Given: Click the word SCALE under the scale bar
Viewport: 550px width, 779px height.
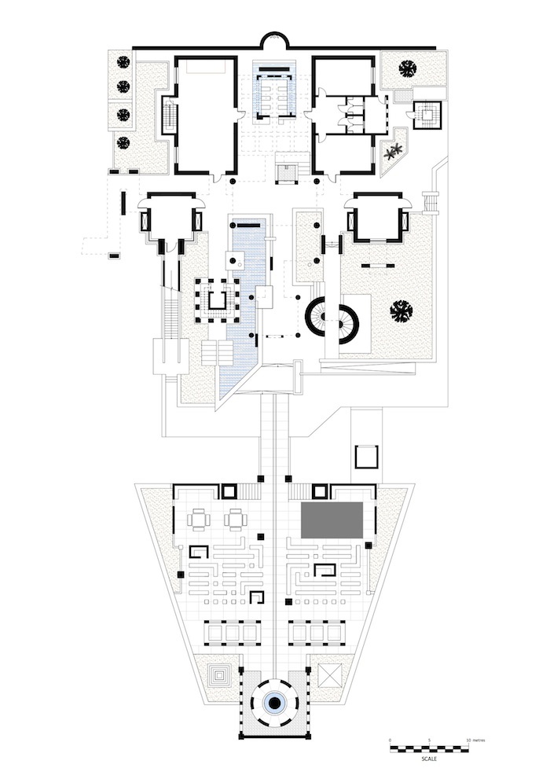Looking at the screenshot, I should (429, 759).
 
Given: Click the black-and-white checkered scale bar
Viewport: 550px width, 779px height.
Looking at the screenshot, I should (429, 748).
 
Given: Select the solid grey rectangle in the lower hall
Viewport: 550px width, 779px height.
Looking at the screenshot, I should (332, 520).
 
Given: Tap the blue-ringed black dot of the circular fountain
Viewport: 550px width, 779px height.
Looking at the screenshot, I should (275, 704).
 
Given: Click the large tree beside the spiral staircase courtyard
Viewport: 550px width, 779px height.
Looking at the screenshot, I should (402, 310).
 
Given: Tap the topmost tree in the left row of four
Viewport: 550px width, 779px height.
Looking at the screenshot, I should (123, 61).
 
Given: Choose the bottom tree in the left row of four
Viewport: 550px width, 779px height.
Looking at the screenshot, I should (123, 143).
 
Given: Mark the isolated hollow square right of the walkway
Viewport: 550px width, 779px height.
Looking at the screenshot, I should (367, 457).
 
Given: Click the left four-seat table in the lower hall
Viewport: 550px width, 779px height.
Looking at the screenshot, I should (200, 519).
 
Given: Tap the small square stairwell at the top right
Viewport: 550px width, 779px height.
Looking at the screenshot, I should (428, 116).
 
